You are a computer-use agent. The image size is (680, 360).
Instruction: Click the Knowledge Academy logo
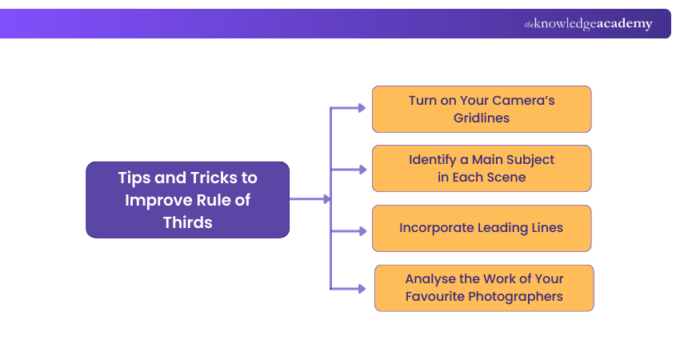pos(588,24)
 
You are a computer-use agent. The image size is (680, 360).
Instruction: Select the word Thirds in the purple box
pos(188,222)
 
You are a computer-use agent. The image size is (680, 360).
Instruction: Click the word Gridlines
pos(481,118)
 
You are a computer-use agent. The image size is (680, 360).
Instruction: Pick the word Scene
pos(505,177)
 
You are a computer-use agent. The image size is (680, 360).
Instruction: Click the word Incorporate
pos(437,228)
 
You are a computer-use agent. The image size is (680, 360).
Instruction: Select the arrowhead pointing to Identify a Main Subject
pos(362,169)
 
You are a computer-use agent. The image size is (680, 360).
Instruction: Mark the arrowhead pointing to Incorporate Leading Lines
pos(362,230)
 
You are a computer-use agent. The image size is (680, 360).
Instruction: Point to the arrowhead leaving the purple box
pos(325,199)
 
